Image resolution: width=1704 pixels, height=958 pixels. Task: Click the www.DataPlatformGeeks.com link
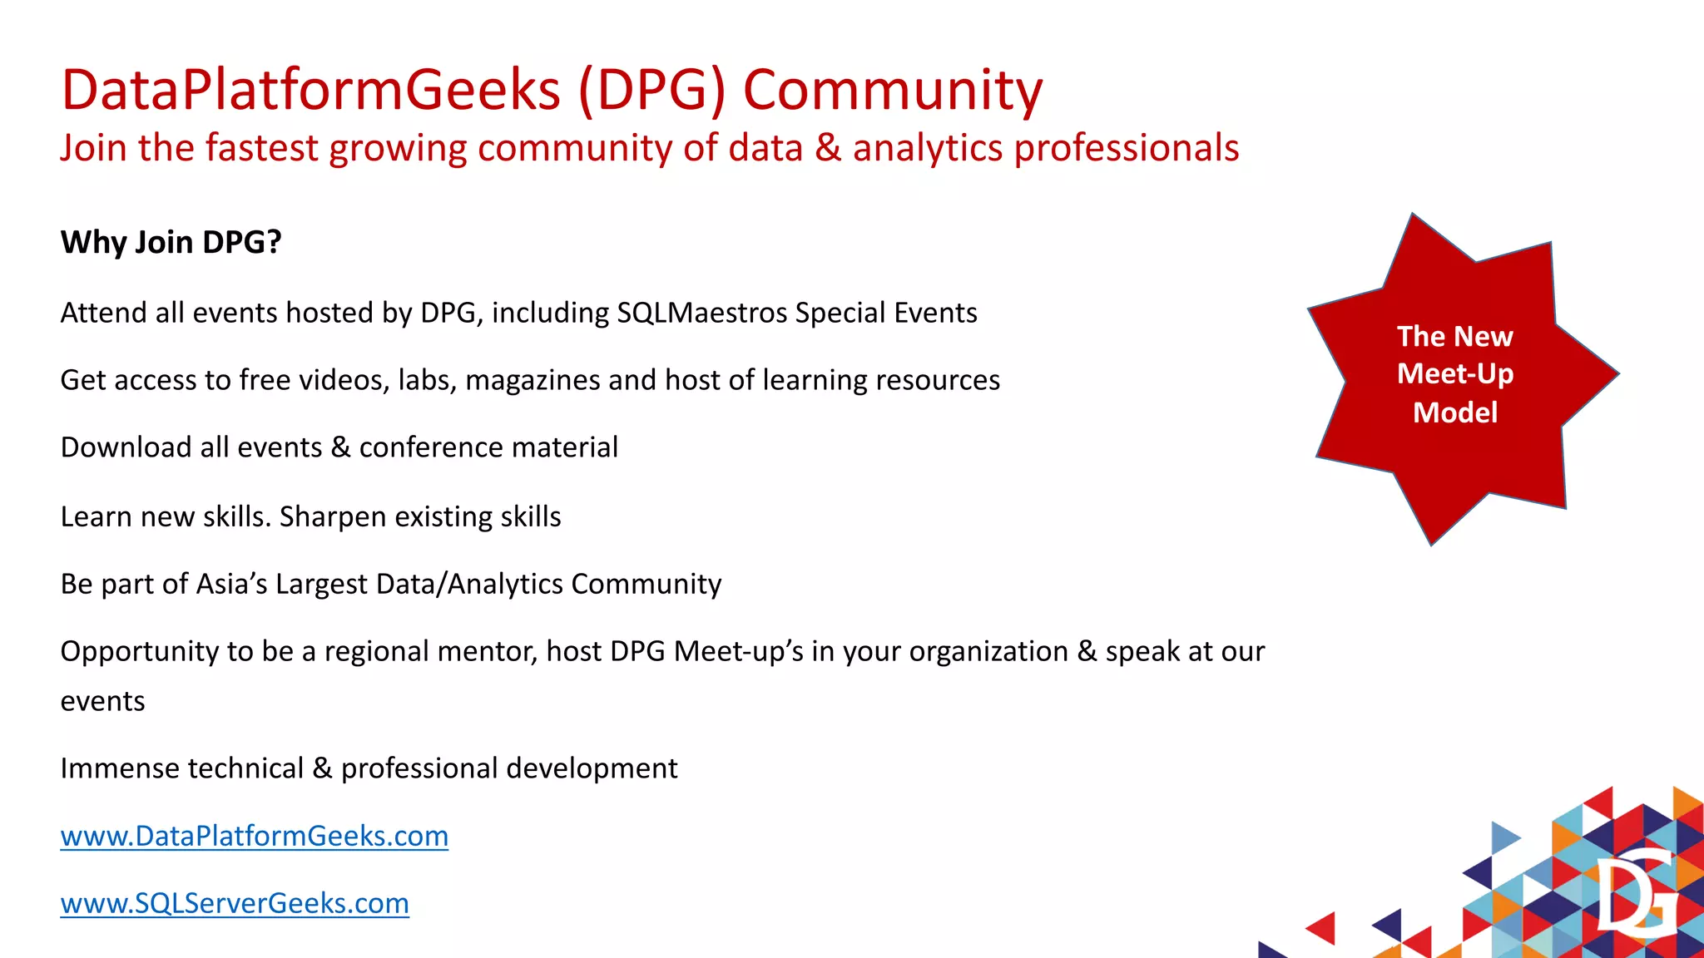tap(254, 836)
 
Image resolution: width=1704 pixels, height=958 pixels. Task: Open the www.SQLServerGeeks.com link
tap(235, 903)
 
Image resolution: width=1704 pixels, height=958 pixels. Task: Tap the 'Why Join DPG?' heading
tap(171, 242)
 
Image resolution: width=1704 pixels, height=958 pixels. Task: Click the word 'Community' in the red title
tap(892, 90)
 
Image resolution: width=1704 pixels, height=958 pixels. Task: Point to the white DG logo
tap(1636, 895)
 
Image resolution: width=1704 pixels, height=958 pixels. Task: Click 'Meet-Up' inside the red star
tap(1454, 373)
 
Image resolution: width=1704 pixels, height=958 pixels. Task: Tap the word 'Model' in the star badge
tap(1454, 412)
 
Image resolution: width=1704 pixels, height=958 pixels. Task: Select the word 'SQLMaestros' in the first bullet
tap(701, 313)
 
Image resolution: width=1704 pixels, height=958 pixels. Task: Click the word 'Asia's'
tap(231, 584)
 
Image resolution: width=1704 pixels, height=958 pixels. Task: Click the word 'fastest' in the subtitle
tap(261, 148)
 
